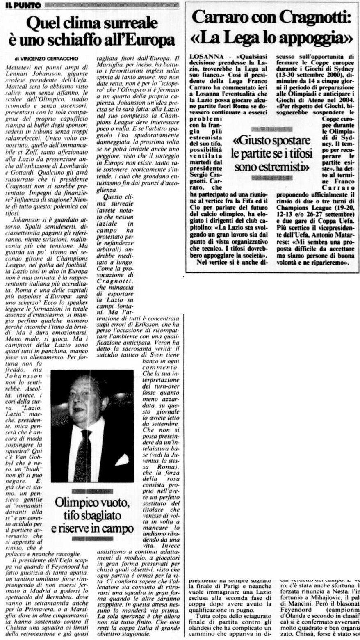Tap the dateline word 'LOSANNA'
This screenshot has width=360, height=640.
click(206, 54)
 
